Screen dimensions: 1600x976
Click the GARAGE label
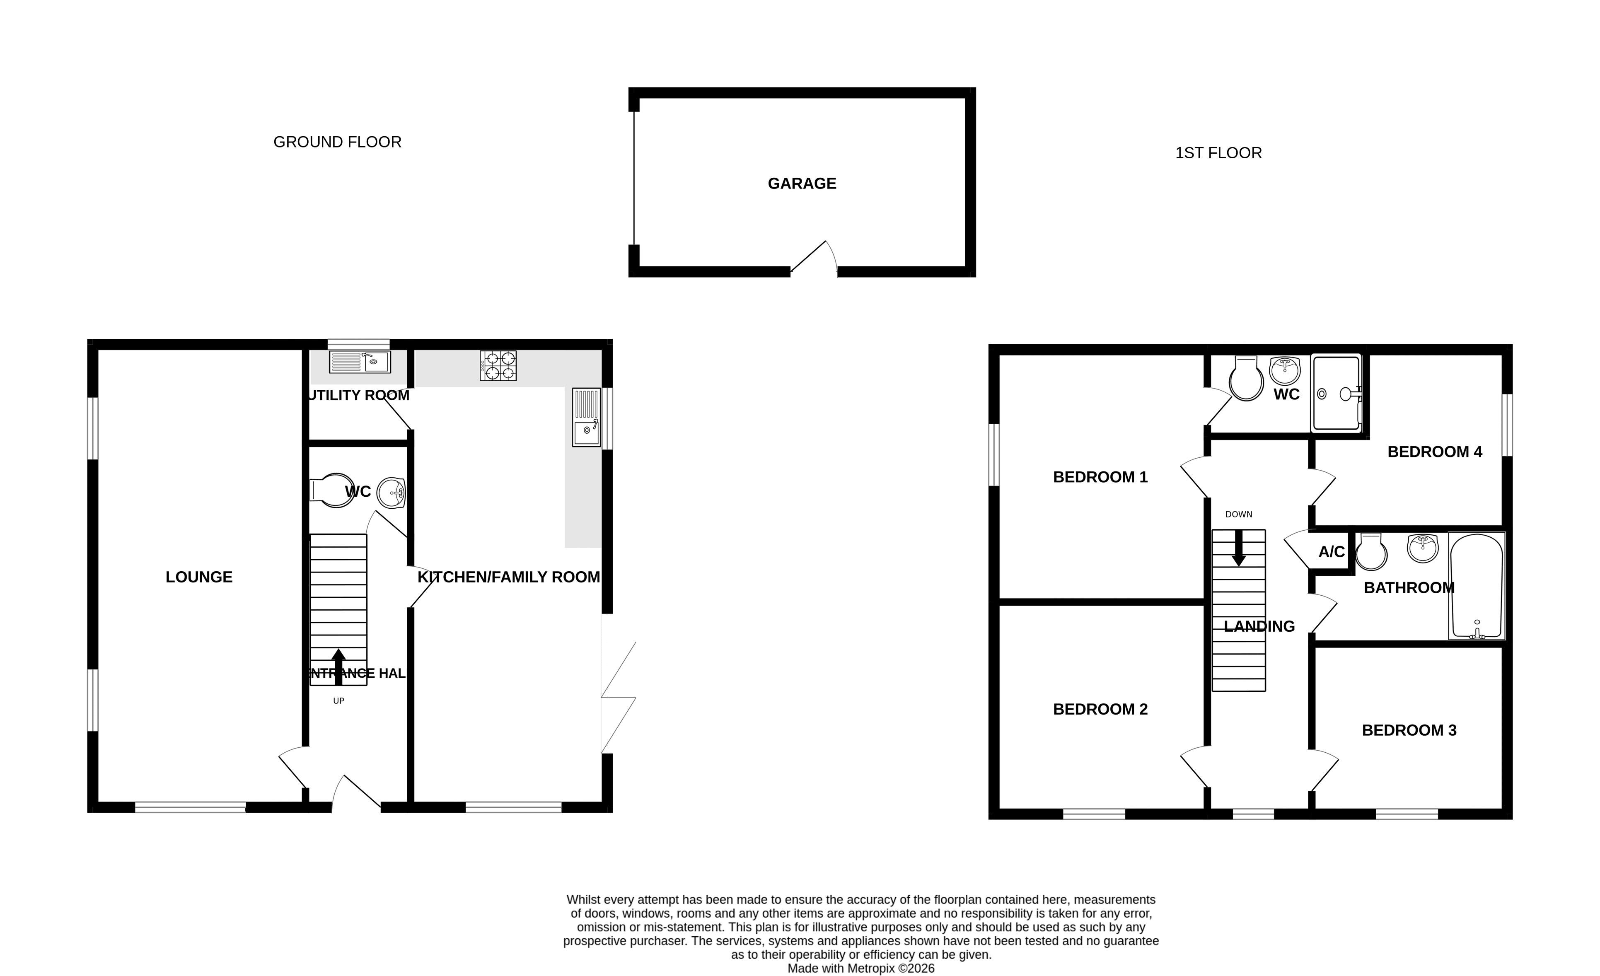tap(802, 184)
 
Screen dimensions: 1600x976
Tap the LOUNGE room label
tap(199, 577)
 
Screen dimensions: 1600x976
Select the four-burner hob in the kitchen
tap(498, 366)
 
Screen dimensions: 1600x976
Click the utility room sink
tap(360, 362)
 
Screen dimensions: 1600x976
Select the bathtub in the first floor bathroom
tap(1477, 586)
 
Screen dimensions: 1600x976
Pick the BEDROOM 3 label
tap(1409, 730)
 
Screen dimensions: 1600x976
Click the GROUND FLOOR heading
tap(338, 142)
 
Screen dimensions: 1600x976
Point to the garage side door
tap(813, 258)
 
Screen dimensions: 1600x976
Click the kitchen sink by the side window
tap(586, 417)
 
